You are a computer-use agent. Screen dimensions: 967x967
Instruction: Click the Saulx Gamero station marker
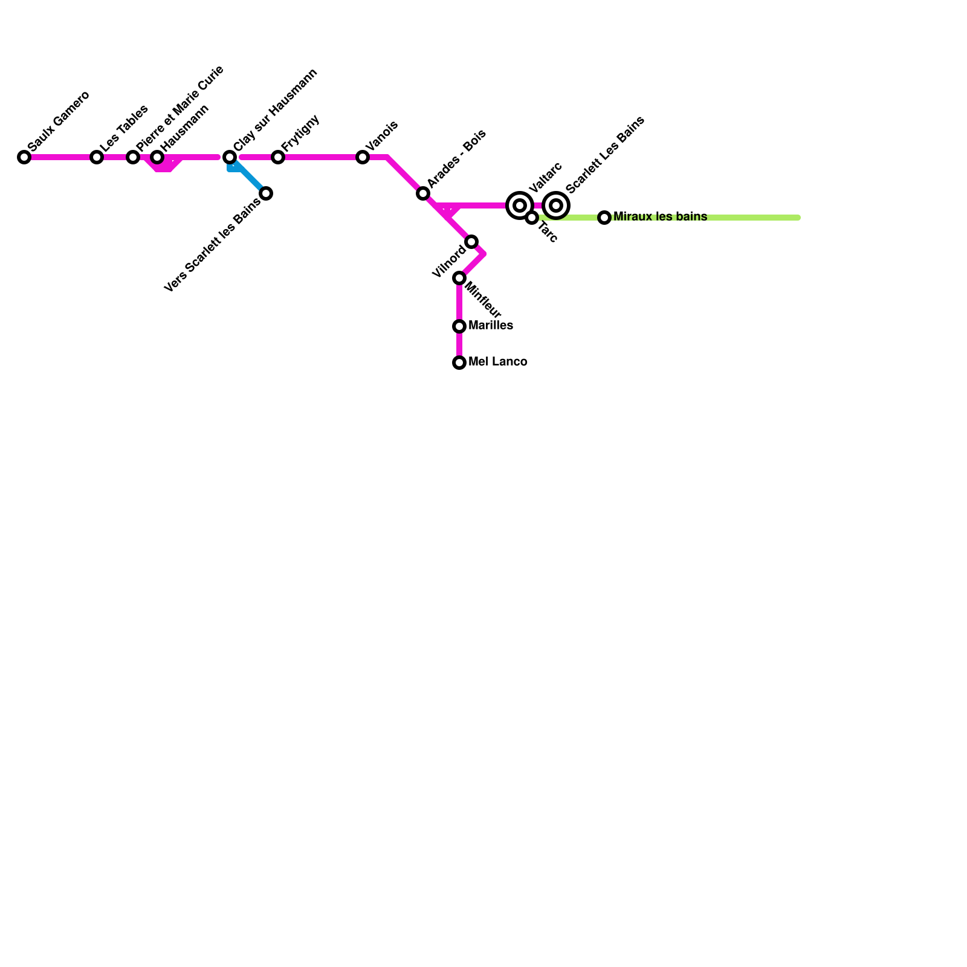coord(24,157)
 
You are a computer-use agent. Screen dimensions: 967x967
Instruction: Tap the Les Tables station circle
coord(97,157)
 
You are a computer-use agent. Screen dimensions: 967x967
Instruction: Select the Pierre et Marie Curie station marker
coord(133,157)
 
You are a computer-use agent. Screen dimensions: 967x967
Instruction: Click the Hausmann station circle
coord(157,157)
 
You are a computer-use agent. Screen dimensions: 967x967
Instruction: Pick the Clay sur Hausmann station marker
coord(230,157)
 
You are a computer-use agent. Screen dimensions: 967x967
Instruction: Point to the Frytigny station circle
coord(278,157)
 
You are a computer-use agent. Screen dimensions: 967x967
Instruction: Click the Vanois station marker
coord(363,157)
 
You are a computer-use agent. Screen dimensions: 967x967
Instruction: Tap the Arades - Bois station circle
coord(423,193)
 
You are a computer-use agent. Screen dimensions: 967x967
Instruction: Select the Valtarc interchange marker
coord(520,205)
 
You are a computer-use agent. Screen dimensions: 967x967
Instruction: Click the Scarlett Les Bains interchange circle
coord(557,205)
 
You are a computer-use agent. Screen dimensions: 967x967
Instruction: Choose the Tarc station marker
coord(532,218)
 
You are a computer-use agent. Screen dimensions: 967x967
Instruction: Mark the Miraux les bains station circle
coord(604,218)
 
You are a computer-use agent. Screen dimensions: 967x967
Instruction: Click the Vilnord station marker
coord(472,242)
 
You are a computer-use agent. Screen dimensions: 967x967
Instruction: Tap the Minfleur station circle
coord(459,278)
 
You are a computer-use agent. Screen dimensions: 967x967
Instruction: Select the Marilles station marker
coord(459,326)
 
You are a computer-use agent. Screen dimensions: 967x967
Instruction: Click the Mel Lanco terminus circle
coord(459,363)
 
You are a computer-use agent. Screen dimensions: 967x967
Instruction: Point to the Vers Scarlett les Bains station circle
coord(266,193)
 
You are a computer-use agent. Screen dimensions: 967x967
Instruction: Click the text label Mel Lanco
coord(497,362)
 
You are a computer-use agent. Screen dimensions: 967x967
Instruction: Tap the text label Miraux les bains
coord(660,216)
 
